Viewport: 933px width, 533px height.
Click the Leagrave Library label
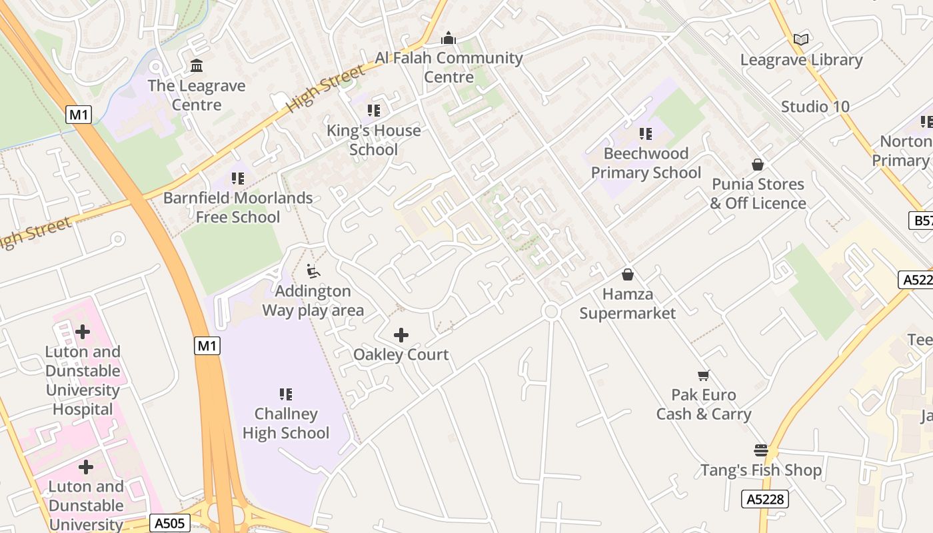coord(801,60)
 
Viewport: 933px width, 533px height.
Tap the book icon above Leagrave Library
coord(801,40)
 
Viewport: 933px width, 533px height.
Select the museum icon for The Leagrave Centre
coord(197,66)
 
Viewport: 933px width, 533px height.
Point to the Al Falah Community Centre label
coord(449,67)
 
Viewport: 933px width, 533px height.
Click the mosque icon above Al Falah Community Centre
coord(449,39)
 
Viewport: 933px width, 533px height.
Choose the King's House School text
coord(373,140)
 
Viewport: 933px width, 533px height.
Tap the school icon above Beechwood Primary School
coord(645,134)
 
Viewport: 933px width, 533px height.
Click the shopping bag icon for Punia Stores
coord(758,165)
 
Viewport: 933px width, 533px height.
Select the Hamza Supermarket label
coord(627,304)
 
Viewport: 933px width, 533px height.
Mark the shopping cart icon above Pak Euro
coord(703,376)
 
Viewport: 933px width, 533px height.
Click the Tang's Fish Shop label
coord(761,470)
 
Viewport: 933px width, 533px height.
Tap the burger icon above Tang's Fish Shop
coord(761,450)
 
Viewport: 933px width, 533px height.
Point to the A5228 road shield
coord(765,499)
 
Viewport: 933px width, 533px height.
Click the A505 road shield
coord(169,523)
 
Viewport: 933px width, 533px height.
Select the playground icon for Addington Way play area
coord(313,271)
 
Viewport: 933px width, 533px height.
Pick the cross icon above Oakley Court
coord(401,335)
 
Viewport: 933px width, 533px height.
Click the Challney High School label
coord(286,424)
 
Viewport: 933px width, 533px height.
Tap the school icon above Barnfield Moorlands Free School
coord(238,179)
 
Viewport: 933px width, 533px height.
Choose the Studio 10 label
coord(815,107)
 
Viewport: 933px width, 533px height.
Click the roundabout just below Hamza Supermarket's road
coord(550,311)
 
